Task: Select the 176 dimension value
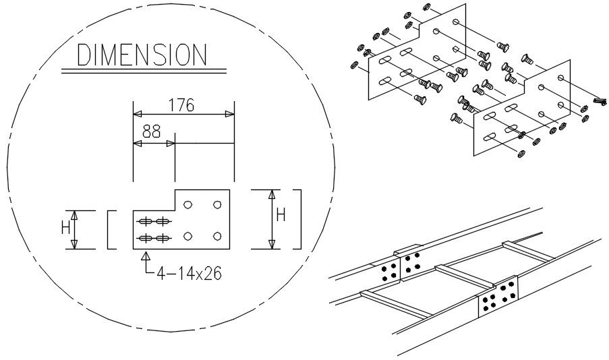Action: pos(181,105)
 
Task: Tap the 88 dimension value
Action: pos(152,131)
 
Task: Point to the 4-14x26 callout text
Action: pos(190,274)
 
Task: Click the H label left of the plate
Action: pos(65,228)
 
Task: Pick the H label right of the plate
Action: pos(281,216)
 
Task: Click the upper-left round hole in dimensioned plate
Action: pos(188,204)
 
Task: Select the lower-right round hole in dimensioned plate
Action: pos(217,235)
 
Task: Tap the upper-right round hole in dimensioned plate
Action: pos(217,204)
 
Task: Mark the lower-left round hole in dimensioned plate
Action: pos(188,235)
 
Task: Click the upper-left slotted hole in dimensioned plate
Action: pos(145,222)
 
